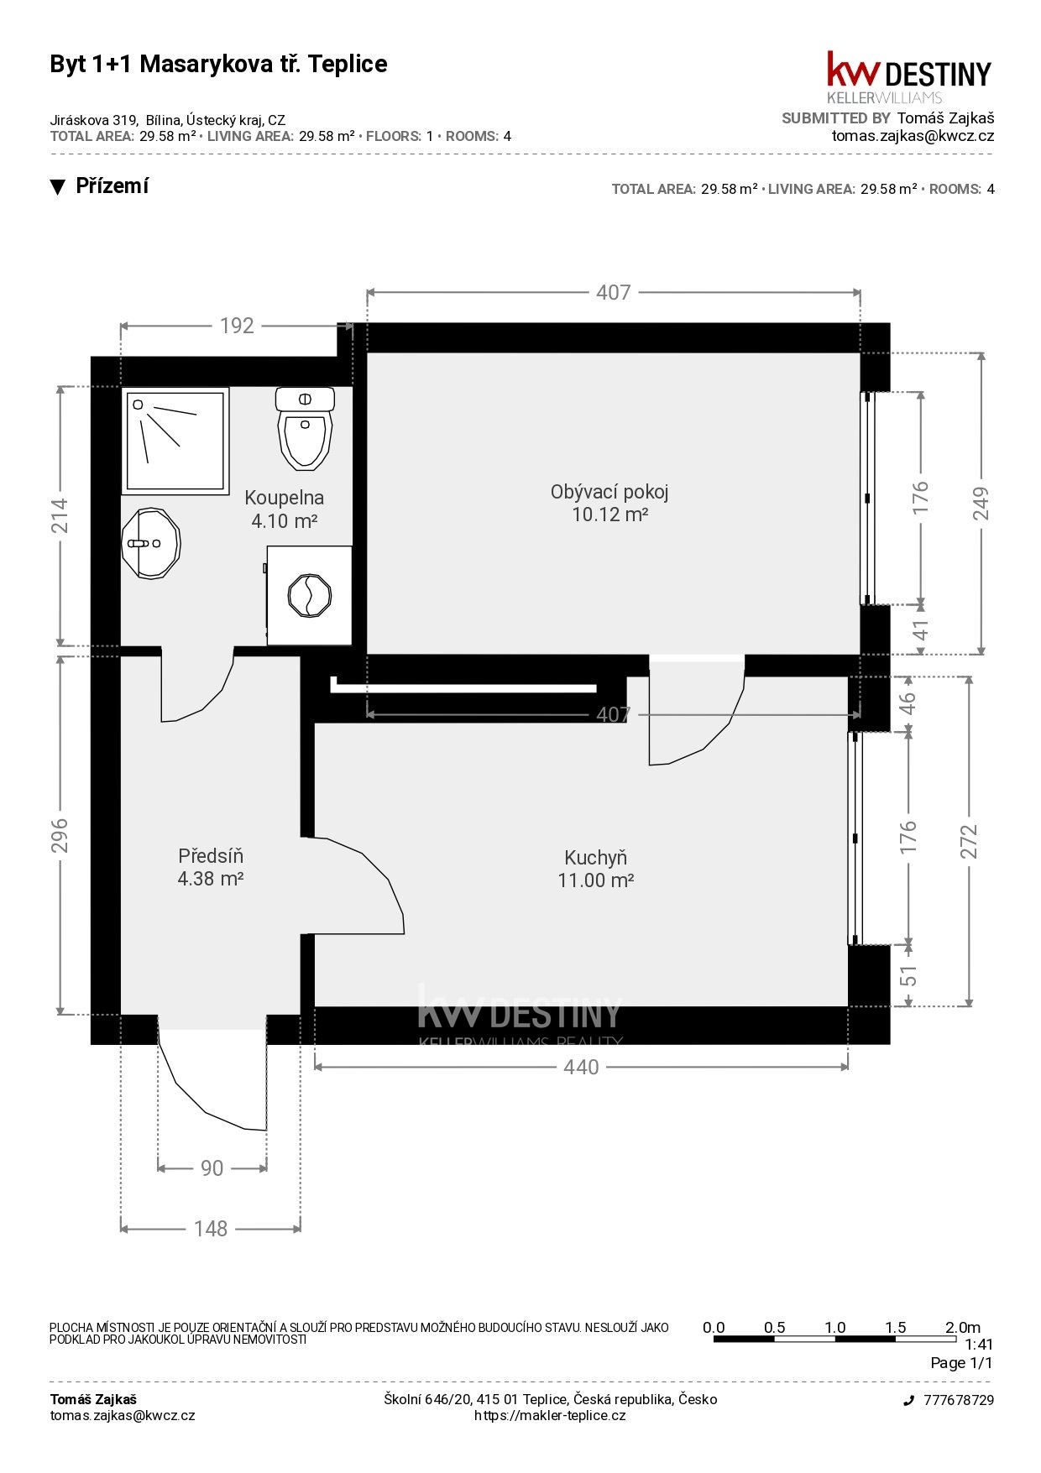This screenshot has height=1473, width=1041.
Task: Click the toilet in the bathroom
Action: coord(305,428)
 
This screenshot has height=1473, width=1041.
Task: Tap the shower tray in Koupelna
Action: coord(175,441)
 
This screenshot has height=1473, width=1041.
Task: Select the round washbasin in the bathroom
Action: coord(151,543)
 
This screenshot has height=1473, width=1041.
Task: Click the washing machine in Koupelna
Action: coord(309,595)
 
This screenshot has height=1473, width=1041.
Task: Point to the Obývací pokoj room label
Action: coord(609,503)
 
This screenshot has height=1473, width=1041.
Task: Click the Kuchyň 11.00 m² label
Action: coord(595,869)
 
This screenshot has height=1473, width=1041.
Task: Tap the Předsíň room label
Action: coord(211,867)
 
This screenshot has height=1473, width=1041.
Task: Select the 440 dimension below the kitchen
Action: coord(581,1067)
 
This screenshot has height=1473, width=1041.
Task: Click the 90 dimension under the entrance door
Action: coord(212,1167)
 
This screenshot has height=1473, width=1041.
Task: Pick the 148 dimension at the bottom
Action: coord(211,1229)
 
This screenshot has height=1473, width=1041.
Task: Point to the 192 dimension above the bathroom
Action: coord(237,326)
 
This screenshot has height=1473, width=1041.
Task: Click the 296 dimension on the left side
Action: coord(60,835)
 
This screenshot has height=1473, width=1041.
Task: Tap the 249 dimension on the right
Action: coord(981,504)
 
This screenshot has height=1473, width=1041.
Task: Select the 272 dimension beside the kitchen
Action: coord(969,842)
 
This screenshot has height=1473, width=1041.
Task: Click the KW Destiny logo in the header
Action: coord(909,76)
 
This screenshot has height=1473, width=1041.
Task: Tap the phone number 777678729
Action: coord(959,1400)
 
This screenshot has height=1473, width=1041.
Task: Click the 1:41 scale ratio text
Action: coord(979,1344)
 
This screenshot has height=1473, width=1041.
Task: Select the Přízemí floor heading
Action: coord(112,186)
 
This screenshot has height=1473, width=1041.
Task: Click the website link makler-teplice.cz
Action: coord(550,1415)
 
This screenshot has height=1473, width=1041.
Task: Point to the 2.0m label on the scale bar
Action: coord(963,1327)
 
